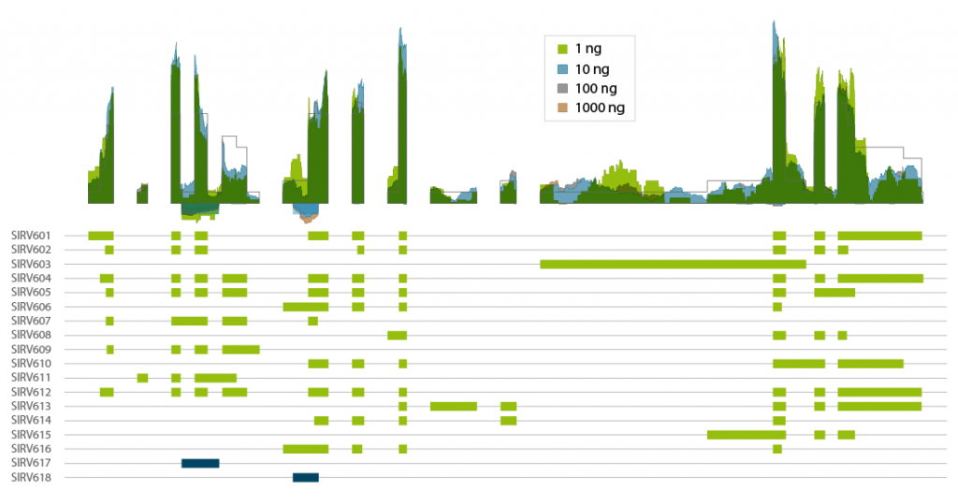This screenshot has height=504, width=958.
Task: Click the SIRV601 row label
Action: [x=30, y=236]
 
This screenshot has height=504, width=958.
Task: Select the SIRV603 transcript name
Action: [x=30, y=265]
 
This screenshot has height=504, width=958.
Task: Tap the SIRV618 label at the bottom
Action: [x=30, y=478]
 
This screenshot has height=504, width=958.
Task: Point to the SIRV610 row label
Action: [x=30, y=364]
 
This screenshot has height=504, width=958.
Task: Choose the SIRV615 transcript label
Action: [x=30, y=435]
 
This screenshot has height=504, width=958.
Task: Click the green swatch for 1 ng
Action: [x=562, y=48]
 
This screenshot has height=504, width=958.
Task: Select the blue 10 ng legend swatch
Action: [x=562, y=68]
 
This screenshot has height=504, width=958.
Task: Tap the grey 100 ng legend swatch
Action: [x=562, y=88]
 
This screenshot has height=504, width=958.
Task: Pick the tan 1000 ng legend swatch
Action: [x=562, y=108]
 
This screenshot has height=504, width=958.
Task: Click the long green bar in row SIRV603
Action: [x=673, y=265]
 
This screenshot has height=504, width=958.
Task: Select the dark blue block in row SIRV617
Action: [x=200, y=463]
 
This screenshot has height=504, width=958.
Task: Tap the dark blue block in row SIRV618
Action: [x=306, y=478]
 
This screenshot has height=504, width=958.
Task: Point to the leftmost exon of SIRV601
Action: [x=100, y=236]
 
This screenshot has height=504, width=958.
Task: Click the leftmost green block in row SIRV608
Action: [x=397, y=335]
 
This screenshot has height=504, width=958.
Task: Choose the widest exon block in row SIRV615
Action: [x=746, y=435]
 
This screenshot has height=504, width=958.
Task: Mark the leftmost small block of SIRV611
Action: [x=142, y=378]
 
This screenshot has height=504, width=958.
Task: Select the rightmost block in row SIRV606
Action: [x=777, y=307]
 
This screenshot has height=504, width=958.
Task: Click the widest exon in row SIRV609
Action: [x=240, y=350]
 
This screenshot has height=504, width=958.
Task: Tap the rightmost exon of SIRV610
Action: [x=870, y=364]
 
